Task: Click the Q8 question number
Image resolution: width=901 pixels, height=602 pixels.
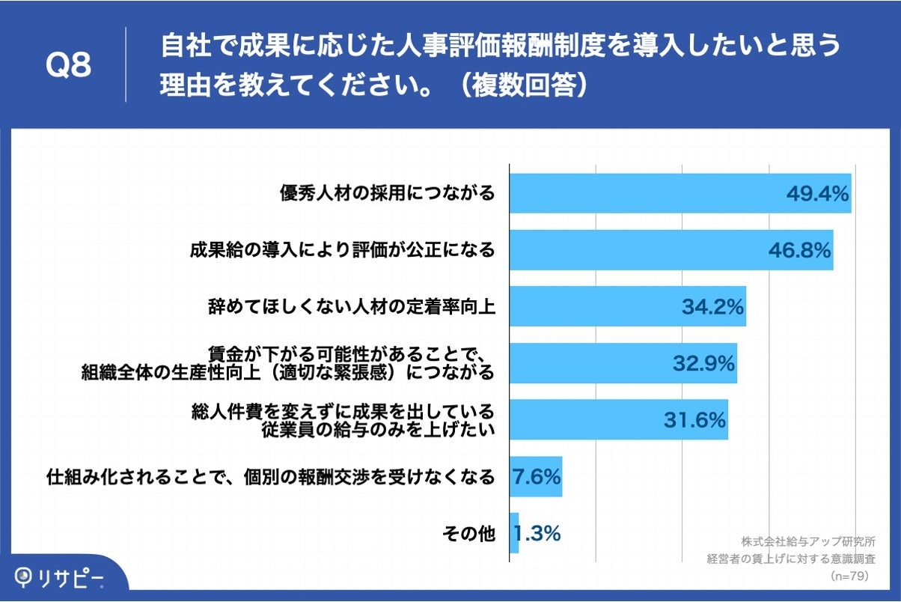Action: (69, 65)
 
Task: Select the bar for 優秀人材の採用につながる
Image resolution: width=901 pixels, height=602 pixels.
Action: (644, 193)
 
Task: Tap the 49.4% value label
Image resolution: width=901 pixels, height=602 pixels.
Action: (816, 194)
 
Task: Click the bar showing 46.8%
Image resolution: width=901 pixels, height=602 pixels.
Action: (636, 250)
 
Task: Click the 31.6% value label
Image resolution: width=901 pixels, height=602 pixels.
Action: (694, 420)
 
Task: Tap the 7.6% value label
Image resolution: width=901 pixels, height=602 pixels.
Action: (537, 476)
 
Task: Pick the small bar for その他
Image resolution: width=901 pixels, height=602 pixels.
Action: (514, 533)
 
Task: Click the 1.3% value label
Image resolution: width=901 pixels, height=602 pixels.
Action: (537, 534)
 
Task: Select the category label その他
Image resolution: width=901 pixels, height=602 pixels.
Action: (468, 534)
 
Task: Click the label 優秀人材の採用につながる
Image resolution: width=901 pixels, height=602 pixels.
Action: (388, 194)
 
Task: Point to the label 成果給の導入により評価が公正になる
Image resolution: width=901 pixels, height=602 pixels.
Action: (342, 250)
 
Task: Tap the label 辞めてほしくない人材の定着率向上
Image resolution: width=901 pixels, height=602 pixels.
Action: (351, 307)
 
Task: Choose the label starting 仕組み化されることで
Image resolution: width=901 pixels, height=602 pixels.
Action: (270, 477)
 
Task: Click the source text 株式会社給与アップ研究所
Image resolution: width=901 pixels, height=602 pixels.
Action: (808, 541)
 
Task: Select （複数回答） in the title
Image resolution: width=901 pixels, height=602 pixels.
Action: (523, 86)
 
